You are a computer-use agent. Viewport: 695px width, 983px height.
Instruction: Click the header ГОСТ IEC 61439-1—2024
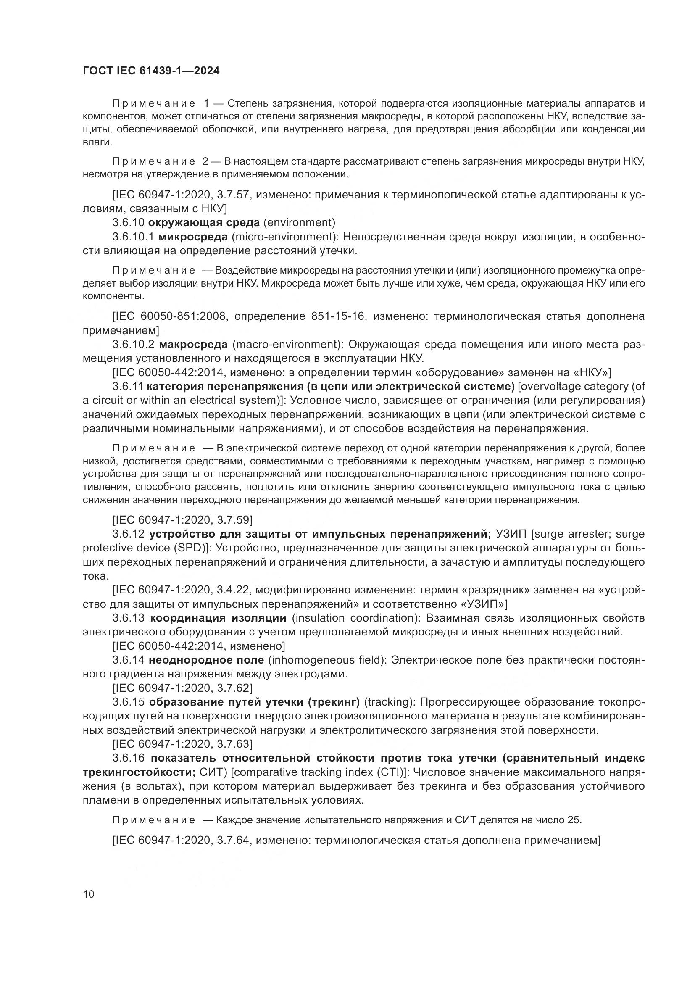[151, 71]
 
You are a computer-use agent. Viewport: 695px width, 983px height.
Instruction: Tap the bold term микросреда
[193, 237]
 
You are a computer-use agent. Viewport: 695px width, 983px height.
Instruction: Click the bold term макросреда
[193, 344]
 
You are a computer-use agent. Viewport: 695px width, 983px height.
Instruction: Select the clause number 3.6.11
[128, 386]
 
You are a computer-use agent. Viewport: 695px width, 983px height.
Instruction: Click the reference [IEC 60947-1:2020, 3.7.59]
[182, 520]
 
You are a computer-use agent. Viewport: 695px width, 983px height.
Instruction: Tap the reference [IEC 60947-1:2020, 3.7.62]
[182, 688]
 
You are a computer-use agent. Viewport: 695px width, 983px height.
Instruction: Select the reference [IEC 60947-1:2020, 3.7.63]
[182, 744]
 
